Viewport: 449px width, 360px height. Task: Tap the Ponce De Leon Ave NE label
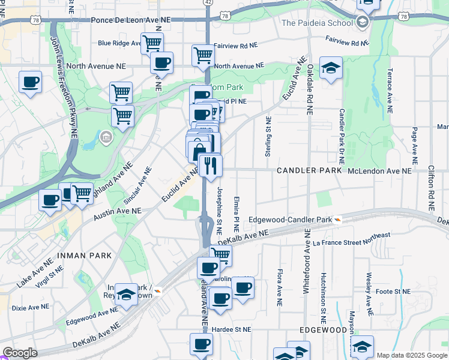point(131,20)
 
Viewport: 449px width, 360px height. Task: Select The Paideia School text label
point(317,23)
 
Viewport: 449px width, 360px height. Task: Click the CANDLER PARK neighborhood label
point(309,171)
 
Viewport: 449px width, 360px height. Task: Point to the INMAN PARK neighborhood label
point(85,256)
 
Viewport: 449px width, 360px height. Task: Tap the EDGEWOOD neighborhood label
point(324,330)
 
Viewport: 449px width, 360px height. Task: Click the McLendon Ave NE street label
point(380,171)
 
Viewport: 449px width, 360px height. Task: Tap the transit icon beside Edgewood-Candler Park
point(339,220)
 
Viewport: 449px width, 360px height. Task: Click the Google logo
point(19,353)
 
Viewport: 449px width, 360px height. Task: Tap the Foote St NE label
point(393,292)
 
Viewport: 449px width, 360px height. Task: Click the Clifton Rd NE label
point(431,187)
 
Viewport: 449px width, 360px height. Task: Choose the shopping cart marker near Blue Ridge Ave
point(152,43)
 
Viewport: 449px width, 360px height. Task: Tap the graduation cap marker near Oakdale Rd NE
point(330,68)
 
